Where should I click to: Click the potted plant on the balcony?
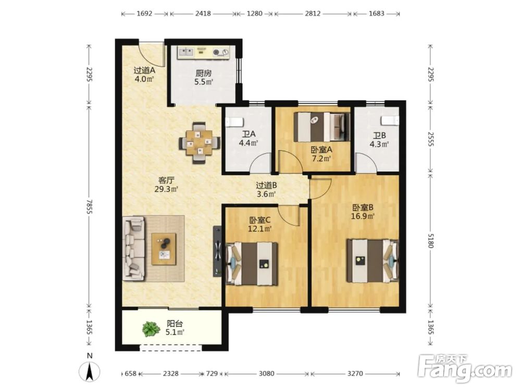(151, 329)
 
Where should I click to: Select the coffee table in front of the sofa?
(164, 249)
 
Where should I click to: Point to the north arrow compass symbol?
(90, 371)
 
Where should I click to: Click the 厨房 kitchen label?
(203, 73)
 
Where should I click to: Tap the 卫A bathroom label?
(249, 134)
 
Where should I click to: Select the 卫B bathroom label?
(379, 136)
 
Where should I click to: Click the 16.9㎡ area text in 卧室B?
(363, 216)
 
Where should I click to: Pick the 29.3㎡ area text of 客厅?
(166, 189)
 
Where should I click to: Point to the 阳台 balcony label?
(175, 323)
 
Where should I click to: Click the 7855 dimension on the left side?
(89, 206)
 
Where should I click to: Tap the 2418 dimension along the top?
(203, 14)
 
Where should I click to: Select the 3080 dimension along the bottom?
(266, 374)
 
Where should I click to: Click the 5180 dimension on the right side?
(431, 240)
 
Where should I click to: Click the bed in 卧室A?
(321, 127)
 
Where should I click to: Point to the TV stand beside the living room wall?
(217, 251)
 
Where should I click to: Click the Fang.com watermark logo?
(465, 369)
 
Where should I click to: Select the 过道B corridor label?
(266, 186)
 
